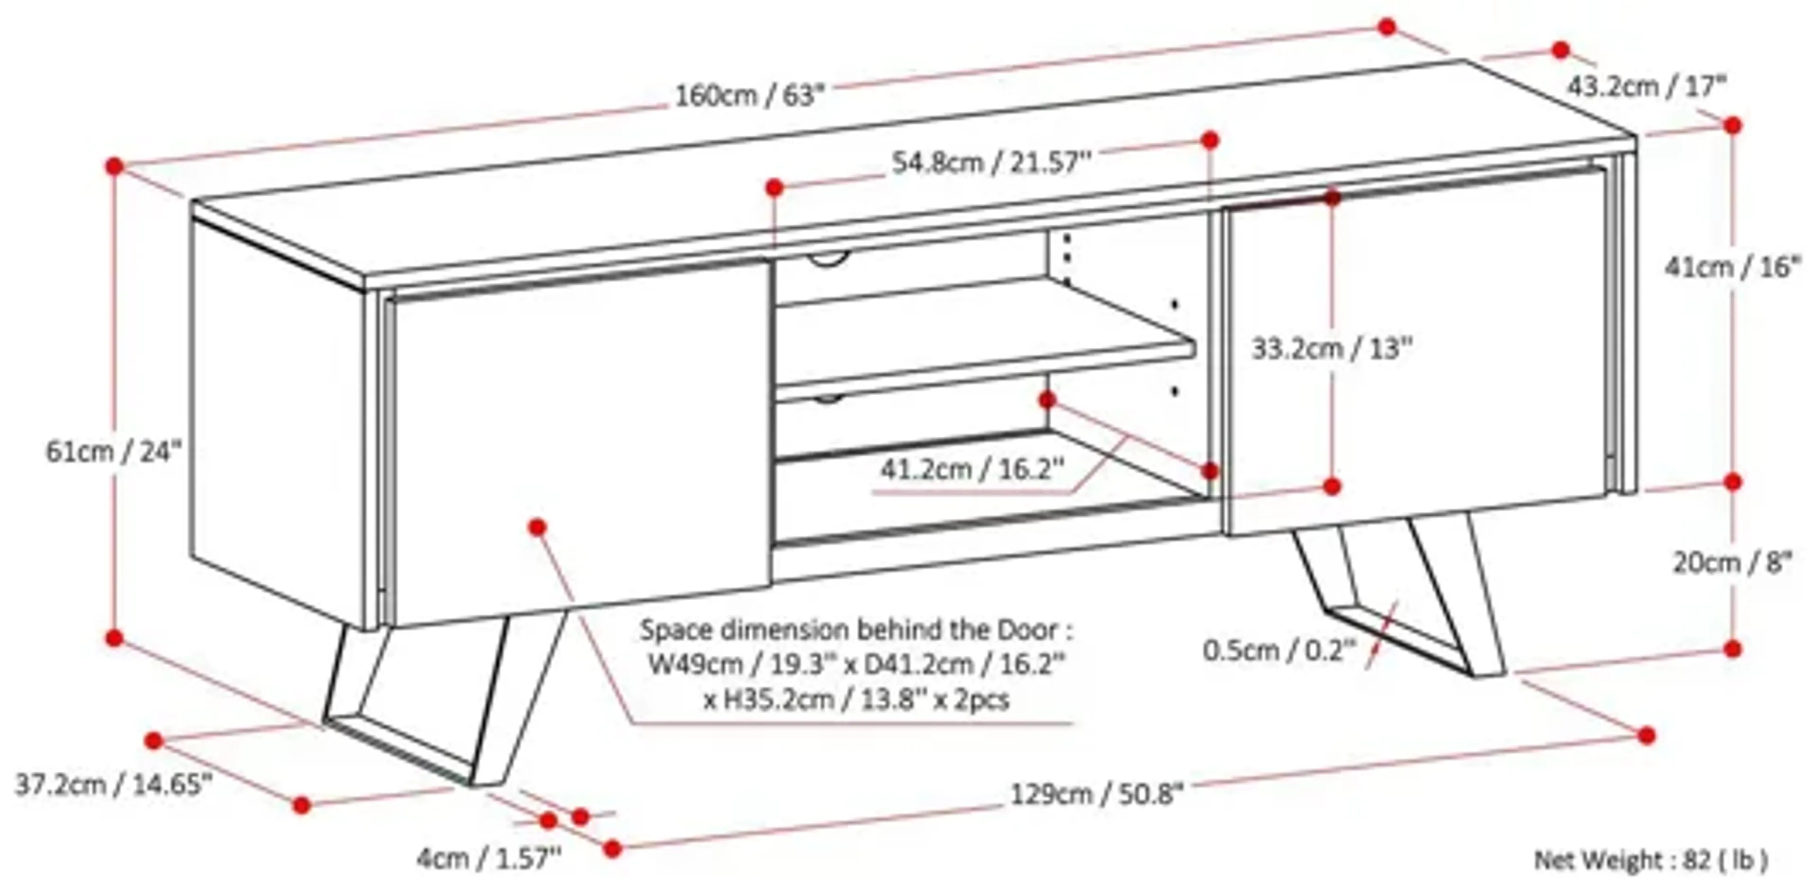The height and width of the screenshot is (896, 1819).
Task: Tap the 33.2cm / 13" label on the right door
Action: click(x=1331, y=349)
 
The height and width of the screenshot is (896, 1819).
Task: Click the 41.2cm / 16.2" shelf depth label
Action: click(x=971, y=469)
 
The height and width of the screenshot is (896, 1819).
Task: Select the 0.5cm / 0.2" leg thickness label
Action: click(x=1279, y=650)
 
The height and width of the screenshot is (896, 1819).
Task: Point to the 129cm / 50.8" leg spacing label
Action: click(x=1096, y=794)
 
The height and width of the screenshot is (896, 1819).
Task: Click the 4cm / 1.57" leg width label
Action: click(x=489, y=859)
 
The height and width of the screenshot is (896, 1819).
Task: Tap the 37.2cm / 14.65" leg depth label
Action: click(x=113, y=785)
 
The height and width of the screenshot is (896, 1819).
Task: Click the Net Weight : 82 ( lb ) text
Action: click(x=1651, y=860)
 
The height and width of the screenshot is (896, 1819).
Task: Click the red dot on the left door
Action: click(x=537, y=527)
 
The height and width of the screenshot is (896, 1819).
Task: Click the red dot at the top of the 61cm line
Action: click(x=114, y=167)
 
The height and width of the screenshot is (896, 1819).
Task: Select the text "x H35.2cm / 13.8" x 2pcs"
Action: click(x=856, y=700)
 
